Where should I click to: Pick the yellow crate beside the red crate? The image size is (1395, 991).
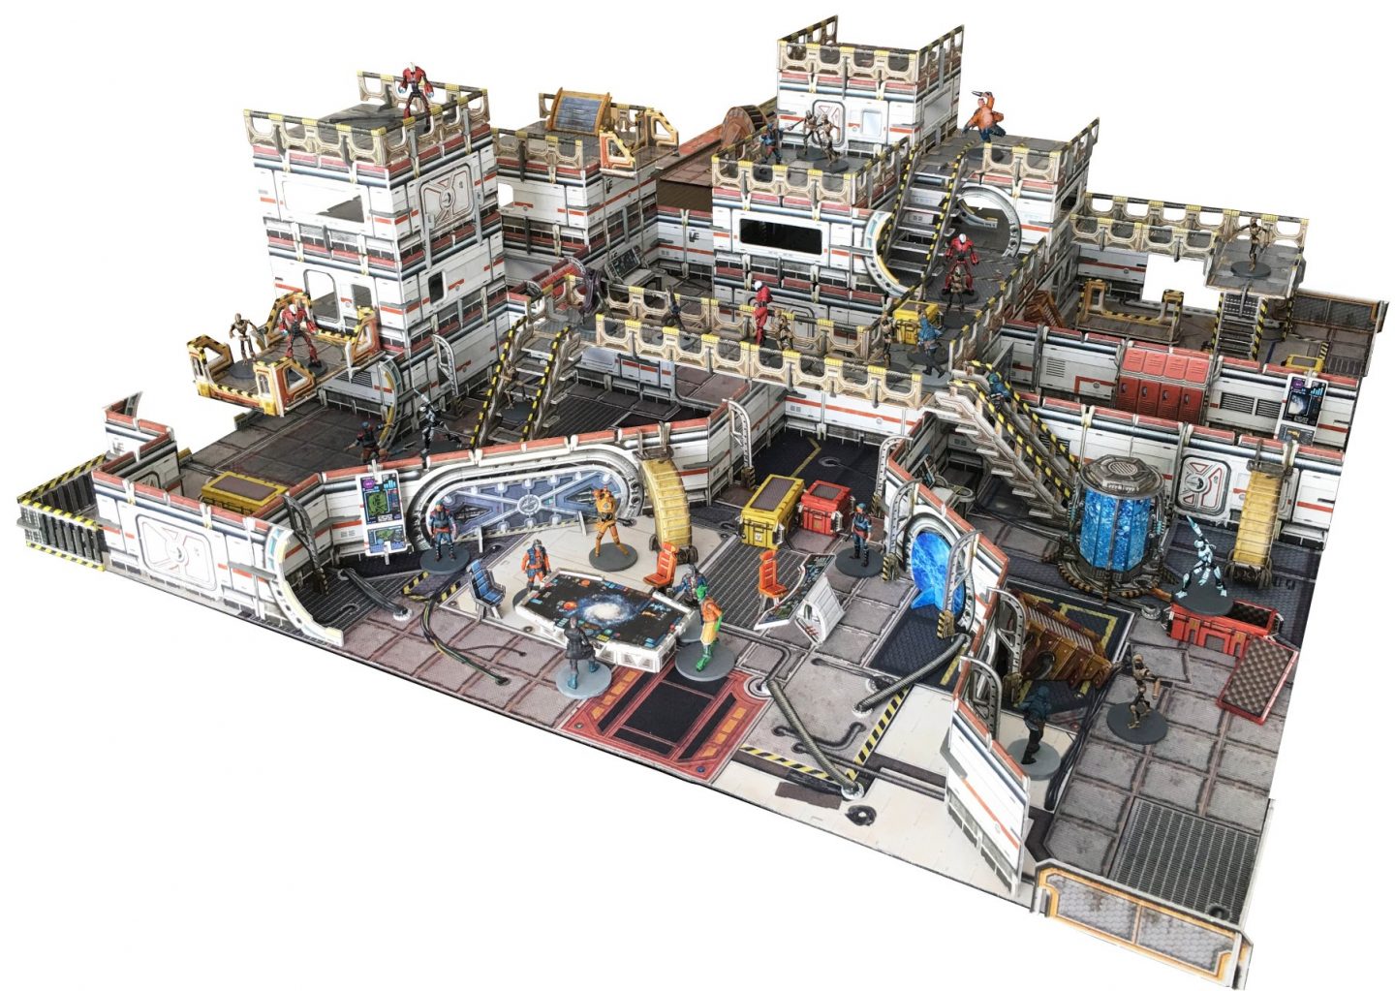(770, 507)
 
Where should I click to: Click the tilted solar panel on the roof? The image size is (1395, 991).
(581, 111)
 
